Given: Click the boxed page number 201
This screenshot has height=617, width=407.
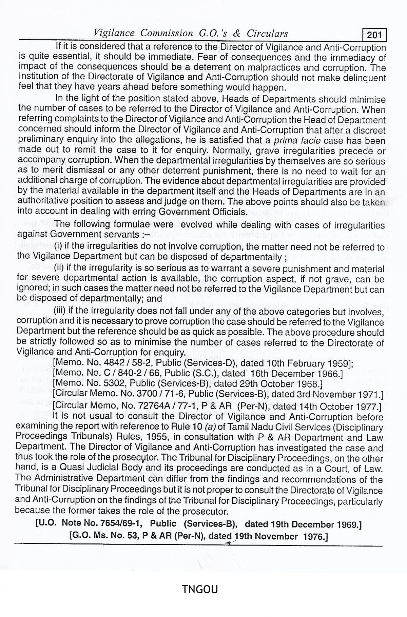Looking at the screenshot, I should pyautogui.click(x=374, y=35).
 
